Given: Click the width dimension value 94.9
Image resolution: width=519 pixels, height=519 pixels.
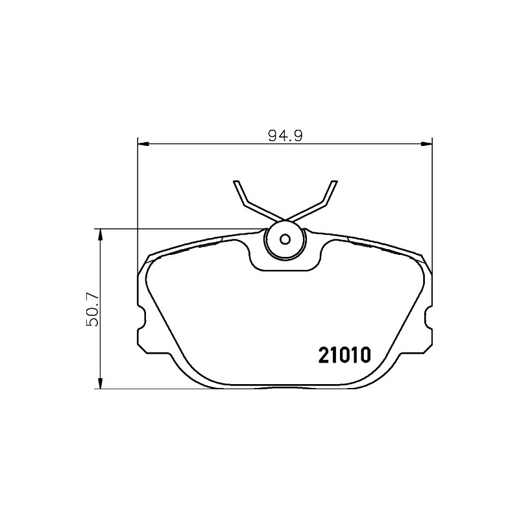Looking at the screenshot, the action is pyautogui.click(x=285, y=136).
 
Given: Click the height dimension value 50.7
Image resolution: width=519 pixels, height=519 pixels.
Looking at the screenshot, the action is pyautogui.click(x=92, y=309).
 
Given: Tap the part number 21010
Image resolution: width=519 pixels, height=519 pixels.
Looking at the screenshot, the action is pyautogui.click(x=344, y=355).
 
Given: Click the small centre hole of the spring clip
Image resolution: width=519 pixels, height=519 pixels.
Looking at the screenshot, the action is pyautogui.click(x=285, y=239).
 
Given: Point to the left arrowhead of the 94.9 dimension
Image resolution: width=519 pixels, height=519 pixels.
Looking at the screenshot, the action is pyautogui.click(x=143, y=143).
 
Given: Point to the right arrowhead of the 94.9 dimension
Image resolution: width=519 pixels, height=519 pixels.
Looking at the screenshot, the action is pyautogui.click(x=427, y=143).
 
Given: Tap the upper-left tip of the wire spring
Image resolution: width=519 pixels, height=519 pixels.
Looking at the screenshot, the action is pyautogui.click(x=235, y=182).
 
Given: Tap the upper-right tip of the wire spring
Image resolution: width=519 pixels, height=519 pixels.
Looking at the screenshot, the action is pyautogui.click(x=335, y=182).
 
